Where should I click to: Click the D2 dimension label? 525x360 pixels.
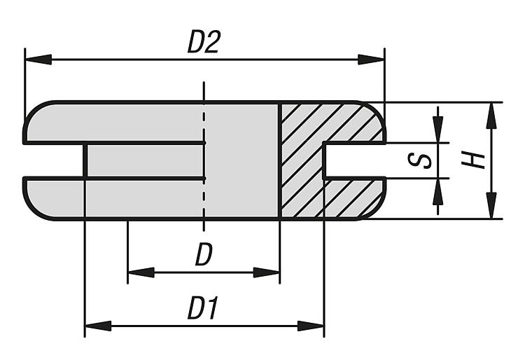point(204,43)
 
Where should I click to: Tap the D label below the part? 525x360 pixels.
point(203,256)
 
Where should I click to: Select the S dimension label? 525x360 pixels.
point(419,160)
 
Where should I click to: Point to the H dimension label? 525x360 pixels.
point(476,160)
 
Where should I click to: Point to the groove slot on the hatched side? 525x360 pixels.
point(353,160)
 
